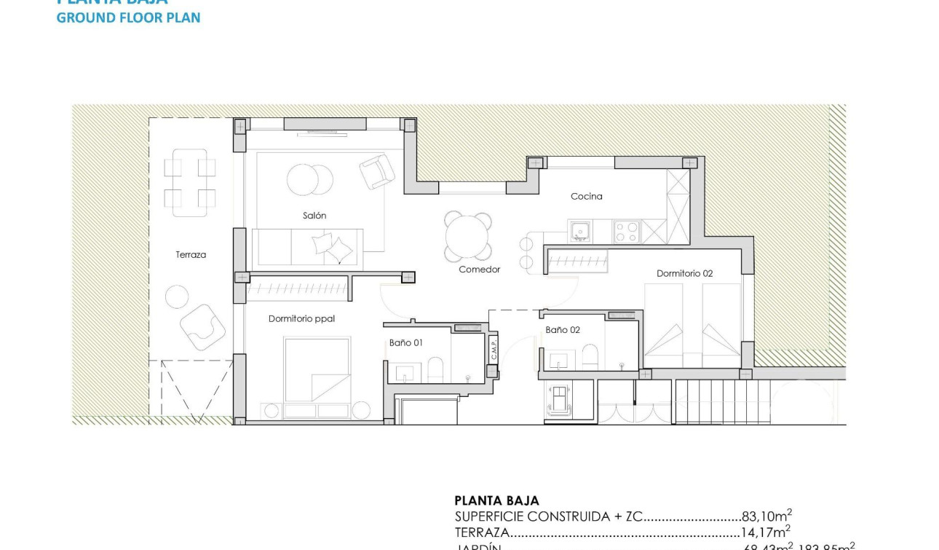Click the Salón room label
tap(314, 216)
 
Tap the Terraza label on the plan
tap(191, 255)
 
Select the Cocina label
tap(586, 196)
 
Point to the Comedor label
tap(479, 270)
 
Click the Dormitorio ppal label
tap(301, 318)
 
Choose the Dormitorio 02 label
tap(684, 274)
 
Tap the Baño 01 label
tap(405, 342)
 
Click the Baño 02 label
tap(563, 330)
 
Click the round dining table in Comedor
tap(468, 236)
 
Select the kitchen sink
tap(580, 232)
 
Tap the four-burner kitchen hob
tap(626, 232)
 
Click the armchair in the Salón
tap(377, 172)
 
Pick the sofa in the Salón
tap(307, 248)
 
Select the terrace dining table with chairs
tap(189, 183)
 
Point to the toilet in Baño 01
tap(435, 369)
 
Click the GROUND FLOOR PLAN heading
tap(128, 17)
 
